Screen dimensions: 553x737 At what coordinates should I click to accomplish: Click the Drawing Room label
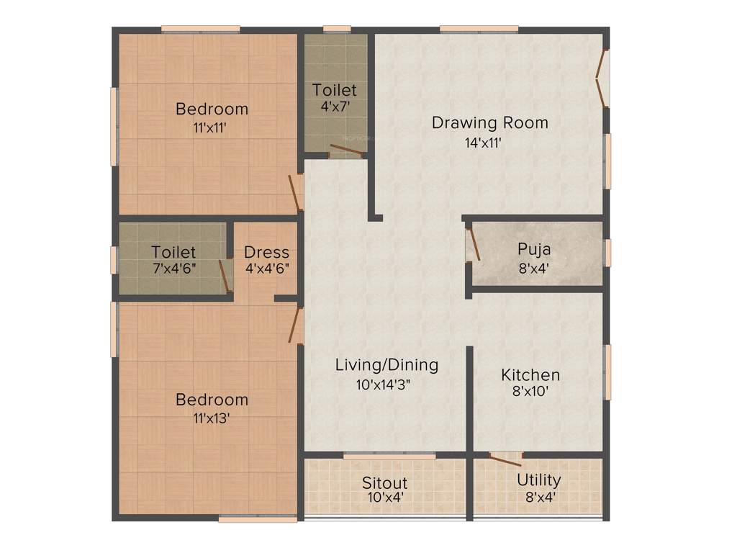pyautogui.click(x=489, y=122)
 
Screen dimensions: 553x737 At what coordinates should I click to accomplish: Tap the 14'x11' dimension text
pyautogui.click(x=483, y=143)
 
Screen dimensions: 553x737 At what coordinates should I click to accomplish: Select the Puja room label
pyautogui.click(x=534, y=250)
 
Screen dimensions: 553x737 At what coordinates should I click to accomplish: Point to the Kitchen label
pyautogui.click(x=530, y=375)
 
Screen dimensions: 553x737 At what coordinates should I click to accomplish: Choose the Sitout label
pyautogui.click(x=384, y=482)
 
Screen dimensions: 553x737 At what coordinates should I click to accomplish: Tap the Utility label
pyautogui.click(x=538, y=480)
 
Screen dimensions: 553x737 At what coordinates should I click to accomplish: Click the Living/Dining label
pyautogui.click(x=386, y=365)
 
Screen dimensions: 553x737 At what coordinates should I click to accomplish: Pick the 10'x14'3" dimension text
pyautogui.click(x=387, y=385)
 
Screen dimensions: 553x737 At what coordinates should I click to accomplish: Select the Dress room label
pyautogui.click(x=266, y=253)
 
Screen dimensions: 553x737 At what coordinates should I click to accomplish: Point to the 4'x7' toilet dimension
pyautogui.click(x=334, y=106)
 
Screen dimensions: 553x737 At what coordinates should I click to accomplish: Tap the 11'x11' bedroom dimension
pyautogui.click(x=212, y=128)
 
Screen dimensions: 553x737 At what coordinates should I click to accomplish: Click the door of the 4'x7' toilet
pyautogui.click(x=345, y=151)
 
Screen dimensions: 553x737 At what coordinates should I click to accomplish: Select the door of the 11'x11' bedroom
pyautogui.click(x=294, y=192)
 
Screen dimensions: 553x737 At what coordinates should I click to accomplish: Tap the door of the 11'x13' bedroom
pyautogui.click(x=294, y=324)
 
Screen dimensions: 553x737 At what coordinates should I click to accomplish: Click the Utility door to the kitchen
pyautogui.click(x=506, y=456)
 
